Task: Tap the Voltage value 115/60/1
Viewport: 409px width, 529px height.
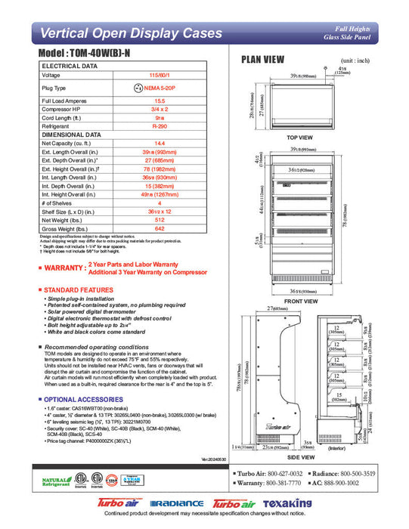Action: click(x=160, y=76)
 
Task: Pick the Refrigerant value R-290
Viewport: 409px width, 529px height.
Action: click(x=160, y=125)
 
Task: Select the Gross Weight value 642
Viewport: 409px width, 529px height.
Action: click(x=160, y=229)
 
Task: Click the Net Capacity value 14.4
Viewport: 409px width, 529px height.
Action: click(x=160, y=143)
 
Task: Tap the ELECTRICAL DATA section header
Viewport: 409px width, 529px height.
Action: click(x=70, y=67)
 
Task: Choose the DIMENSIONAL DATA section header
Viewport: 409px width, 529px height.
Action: click(x=72, y=135)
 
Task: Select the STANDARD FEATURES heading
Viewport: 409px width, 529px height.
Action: click(x=79, y=290)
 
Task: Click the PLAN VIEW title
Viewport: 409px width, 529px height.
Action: click(x=262, y=60)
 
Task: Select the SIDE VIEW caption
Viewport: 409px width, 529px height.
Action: click(x=301, y=456)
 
